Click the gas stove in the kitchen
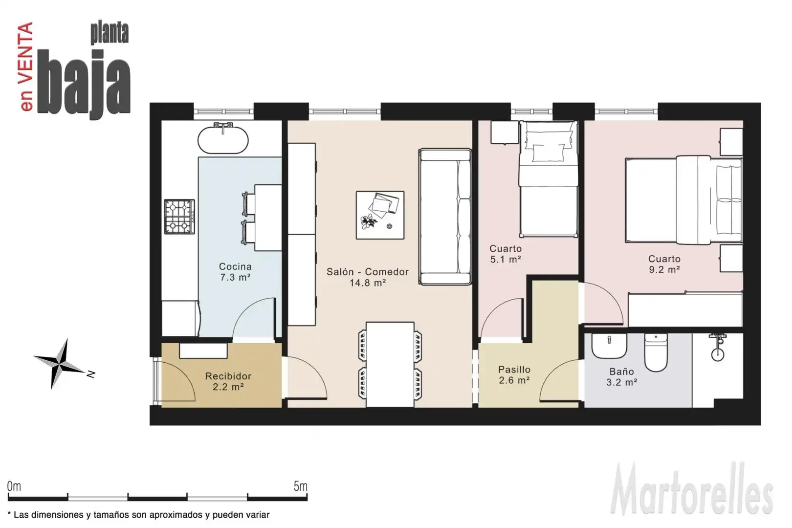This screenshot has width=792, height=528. tap(179, 217)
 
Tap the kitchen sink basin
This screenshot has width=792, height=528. tap(223, 140)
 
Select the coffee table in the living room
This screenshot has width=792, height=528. tap(380, 215)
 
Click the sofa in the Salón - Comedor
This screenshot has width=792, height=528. tap(445, 217)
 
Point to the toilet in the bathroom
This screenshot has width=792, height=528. tap(656, 352)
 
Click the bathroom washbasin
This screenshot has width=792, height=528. tap(609, 346)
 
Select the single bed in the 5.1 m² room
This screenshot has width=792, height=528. tap(549, 179)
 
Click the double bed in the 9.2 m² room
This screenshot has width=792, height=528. tap(683, 200)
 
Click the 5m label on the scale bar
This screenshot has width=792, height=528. tap(300, 486)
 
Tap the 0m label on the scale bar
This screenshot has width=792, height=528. tap(14, 486)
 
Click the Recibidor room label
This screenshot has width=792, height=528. tap(228, 376)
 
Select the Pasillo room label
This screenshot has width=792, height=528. tap(514, 370)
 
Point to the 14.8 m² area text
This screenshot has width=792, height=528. tap(368, 283)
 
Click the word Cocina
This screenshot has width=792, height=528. tap(235, 266)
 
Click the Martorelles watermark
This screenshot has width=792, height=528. tap(692, 489)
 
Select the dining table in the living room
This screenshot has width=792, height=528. tap(390, 365)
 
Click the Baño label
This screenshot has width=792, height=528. tap(621, 372)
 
